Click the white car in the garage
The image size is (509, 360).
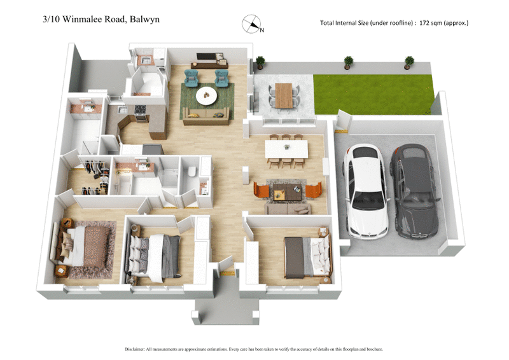coord(365,191)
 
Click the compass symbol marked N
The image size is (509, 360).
coord(253,24)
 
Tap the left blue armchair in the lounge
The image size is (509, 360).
coord(192,78)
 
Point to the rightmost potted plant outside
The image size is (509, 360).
coord(409,62)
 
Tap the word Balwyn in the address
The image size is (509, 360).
coord(144,19)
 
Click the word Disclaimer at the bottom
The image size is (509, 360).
coord(137,349)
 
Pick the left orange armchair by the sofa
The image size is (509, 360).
coord(261,190)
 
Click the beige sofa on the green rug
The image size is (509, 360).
coord(206,114)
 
